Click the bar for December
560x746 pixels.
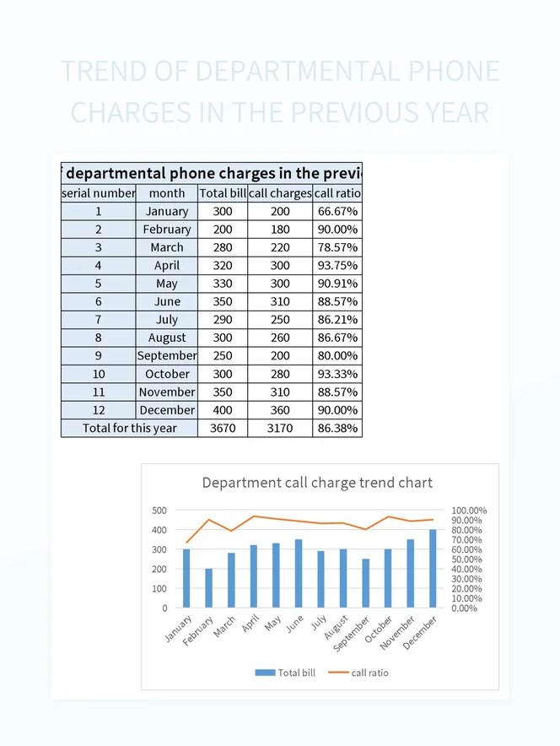coord(433,568)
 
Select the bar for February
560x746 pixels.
coord(208,587)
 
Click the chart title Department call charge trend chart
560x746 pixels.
coord(317,483)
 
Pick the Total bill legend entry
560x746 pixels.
coord(286,673)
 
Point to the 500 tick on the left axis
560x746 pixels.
coord(159,511)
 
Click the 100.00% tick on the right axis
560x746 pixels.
coord(469,511)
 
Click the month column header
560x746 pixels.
coord(167,193)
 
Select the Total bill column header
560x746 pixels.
coord(223,193)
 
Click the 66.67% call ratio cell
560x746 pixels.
coord(337,212)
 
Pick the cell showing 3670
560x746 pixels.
coord(223,428)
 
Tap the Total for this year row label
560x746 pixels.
coord(130,428)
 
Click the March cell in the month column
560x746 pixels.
coord(167,247)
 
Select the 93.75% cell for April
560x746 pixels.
coord(337,266)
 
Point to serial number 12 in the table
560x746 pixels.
coord(99,410)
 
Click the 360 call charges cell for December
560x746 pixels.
coord(280,410)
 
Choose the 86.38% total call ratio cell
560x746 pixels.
coord(337,428)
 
